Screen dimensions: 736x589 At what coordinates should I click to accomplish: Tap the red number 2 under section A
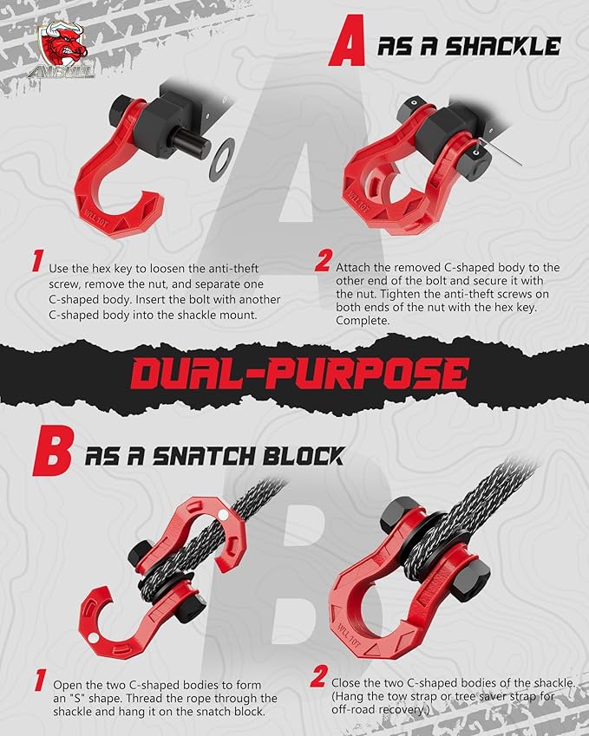click(x=322, y=260)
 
